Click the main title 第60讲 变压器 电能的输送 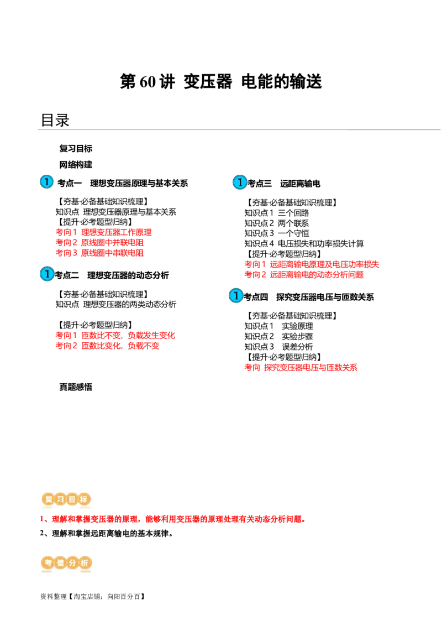coord(220,81)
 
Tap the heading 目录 coord(55,120)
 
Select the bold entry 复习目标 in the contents coord(76,149)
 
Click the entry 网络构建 coord(76,164)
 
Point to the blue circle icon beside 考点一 coord(46,181)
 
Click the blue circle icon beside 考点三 coord(240,182)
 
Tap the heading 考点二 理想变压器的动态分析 coord(112,275)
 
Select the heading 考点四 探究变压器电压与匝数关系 coord(309,297)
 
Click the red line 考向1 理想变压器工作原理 coord(103,232)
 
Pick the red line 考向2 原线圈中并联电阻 coord(99,243)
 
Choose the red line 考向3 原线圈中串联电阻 coord(99,253)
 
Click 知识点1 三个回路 coord(276,213)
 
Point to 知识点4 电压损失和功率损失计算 coord(304,243)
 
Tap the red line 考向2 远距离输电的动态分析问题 coord(304,275)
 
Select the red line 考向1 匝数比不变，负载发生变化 coord(115,335)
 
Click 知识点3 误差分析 coord(278,347)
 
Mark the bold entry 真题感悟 coord(76,387)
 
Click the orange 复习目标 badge coord(66,499)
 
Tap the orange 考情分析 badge coord(66,564)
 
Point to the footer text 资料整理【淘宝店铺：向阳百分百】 coord(93,597)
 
